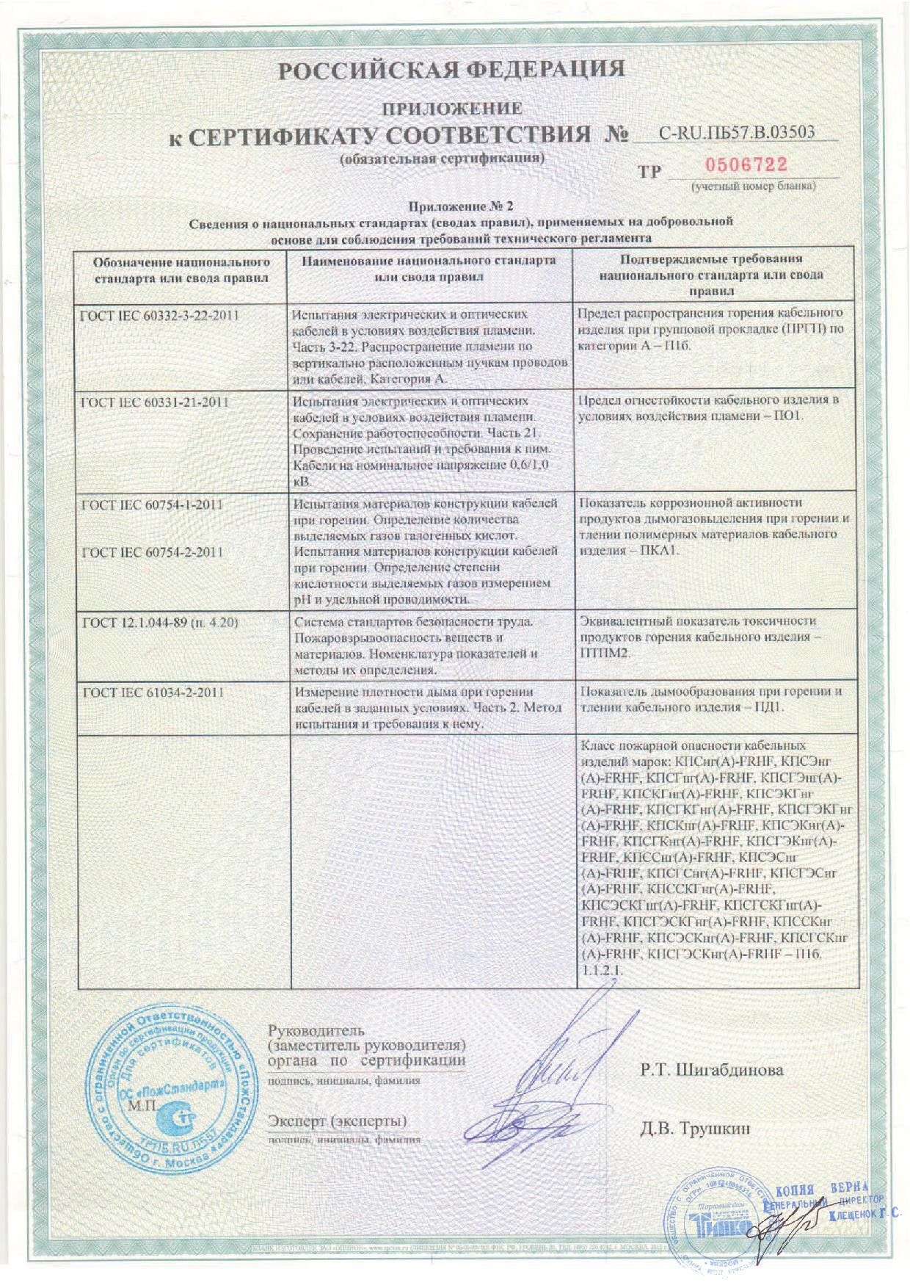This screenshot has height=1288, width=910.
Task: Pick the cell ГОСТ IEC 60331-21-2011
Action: (x=158, y=402)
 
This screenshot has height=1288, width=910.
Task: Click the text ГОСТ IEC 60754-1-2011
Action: (x=155, y=504)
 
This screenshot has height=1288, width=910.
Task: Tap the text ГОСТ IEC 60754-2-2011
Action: (x=155, y=551)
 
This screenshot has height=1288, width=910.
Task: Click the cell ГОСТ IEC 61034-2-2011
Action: (x=155, y=692)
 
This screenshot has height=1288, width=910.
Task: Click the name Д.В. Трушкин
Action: (x=695, y=1127)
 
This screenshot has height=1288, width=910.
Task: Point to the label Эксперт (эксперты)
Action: (x=338, y=1121)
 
